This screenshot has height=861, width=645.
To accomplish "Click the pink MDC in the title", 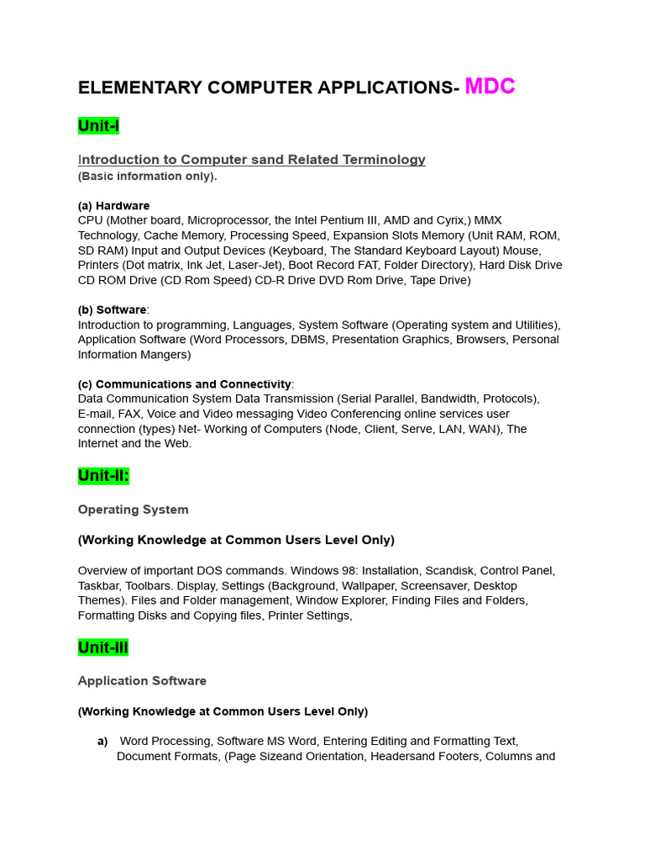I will coord(490,87).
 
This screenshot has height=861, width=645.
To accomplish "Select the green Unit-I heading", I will coord(98,126).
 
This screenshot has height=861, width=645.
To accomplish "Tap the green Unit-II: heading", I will coord(103,476).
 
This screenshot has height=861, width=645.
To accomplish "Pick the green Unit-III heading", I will coord(103,647).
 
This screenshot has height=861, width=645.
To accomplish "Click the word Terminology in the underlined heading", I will coord(383,160).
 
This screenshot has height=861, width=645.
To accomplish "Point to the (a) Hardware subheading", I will coord(113,205).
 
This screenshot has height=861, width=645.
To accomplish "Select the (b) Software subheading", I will coord(113,309).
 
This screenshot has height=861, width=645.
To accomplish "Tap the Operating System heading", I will coord(133,510).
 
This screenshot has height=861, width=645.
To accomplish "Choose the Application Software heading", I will coord(142,681).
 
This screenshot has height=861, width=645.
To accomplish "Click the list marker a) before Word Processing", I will coord(102,742).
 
